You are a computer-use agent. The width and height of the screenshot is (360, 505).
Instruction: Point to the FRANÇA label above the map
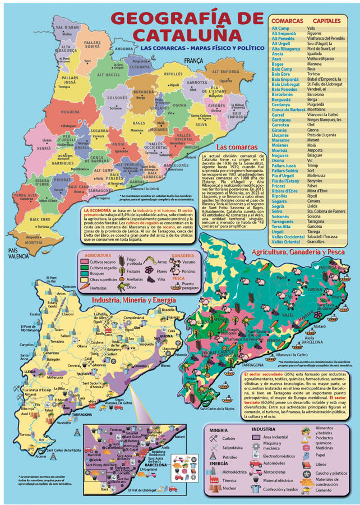coord(193,60)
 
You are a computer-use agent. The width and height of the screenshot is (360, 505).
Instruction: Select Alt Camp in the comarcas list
coord(281,28)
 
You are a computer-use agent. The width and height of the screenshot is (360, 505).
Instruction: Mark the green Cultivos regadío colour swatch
coord(82,268)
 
